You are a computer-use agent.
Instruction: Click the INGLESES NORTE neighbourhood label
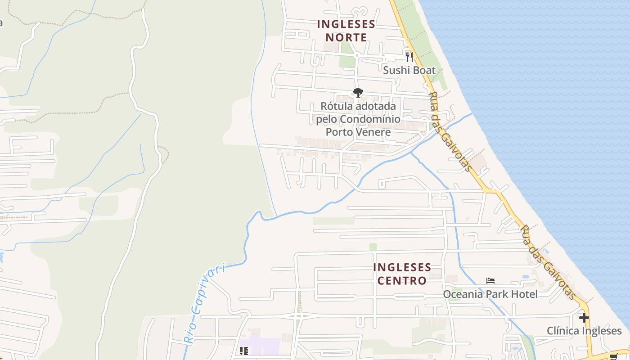click(346, 31)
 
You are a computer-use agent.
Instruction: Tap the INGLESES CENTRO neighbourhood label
click(402, 274)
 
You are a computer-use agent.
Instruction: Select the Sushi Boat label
click(409, 70)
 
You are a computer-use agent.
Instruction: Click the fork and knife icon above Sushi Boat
click(409, 57)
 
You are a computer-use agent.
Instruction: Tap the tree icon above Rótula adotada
click(358, 93)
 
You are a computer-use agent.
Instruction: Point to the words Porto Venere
click(358, 132)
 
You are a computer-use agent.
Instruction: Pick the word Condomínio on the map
click(370, 119)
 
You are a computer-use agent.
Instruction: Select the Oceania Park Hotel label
click(490, 294)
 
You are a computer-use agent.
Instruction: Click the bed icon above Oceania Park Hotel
click(490, 281)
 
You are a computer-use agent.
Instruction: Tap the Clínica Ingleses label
click(584, 331)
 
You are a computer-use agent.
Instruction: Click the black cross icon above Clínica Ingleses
click(584, 318)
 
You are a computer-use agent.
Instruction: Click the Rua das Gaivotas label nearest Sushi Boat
click(450, 132)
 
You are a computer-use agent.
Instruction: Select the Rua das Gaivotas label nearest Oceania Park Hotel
click(547, 262)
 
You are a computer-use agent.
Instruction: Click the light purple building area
click(261, 346)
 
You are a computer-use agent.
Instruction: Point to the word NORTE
click(346, 37)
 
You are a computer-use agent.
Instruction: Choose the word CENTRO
click(402, 281)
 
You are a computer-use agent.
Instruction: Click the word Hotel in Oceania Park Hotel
click(524, 294)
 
